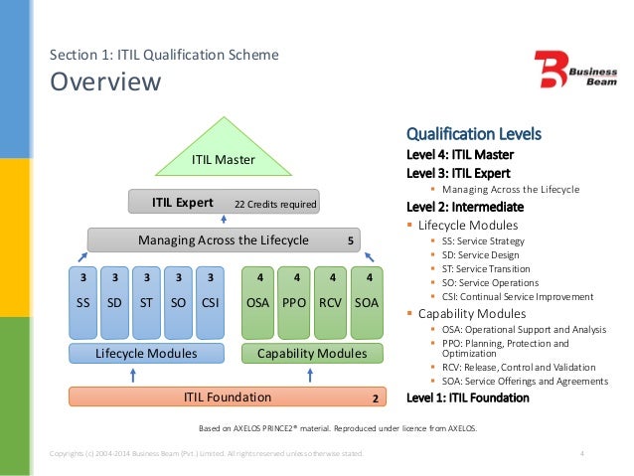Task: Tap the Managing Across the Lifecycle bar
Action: click(x=224, y=239)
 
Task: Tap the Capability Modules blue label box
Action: click(x=311, y=353)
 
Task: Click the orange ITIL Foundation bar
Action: click(x=228, y=397)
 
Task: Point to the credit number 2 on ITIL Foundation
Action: click(x=375, y=398)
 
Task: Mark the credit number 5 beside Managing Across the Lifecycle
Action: click(x=350, y=240)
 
